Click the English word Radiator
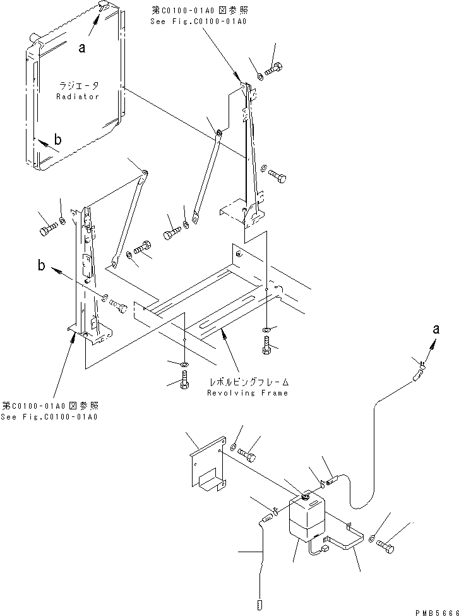[x=78, y=97]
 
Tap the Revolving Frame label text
[x=247, y=392]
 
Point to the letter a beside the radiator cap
[x=82, y=47]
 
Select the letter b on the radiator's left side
[x=57, y=140]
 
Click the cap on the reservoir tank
[x=302, y=498]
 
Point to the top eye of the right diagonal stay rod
[x=218, y=133]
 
